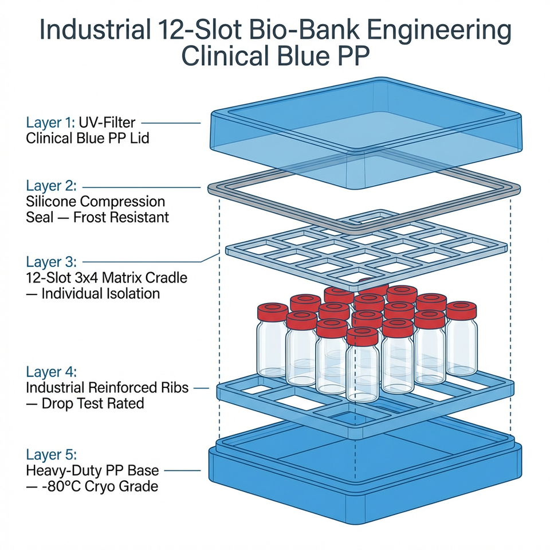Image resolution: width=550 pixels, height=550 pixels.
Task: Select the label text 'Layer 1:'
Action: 50,123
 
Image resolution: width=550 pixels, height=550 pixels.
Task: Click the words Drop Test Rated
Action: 93,403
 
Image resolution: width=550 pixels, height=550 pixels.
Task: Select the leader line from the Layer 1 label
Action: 171,123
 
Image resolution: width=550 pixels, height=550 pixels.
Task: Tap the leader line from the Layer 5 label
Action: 182,472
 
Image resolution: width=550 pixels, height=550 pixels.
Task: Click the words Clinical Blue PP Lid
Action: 87,139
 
